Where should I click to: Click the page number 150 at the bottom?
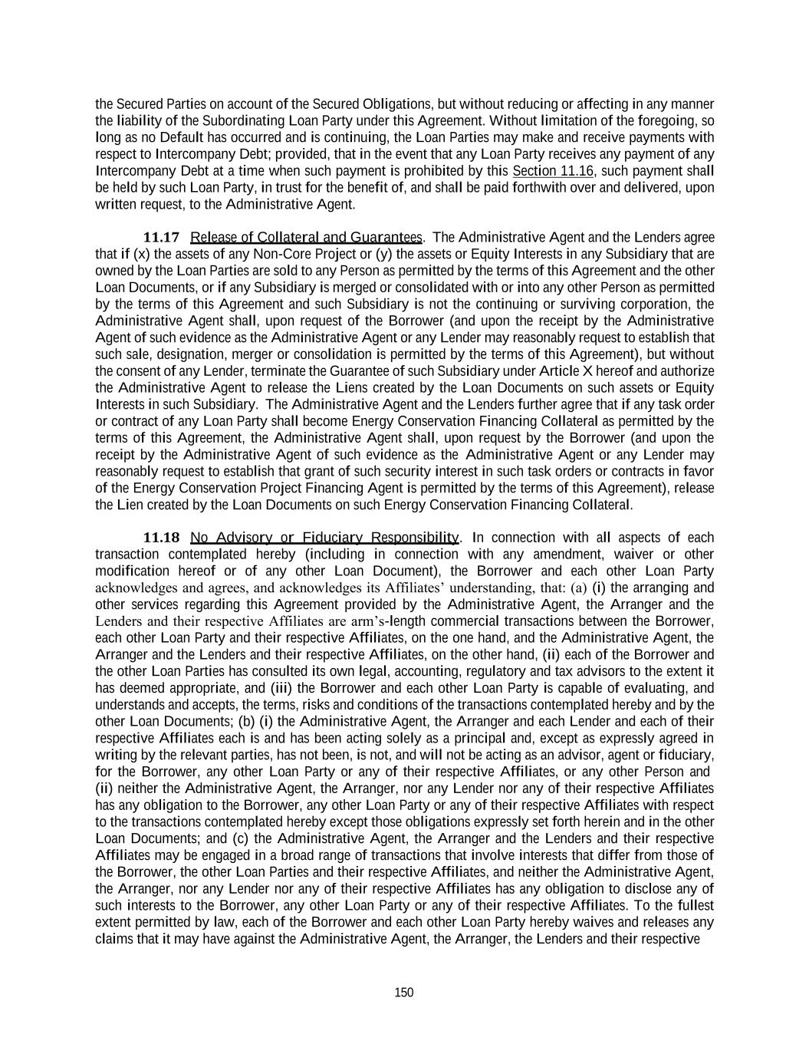[403, 993]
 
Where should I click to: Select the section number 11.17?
[161, 237]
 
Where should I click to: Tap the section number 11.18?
[161, 537]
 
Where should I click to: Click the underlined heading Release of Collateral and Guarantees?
[306, 237]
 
